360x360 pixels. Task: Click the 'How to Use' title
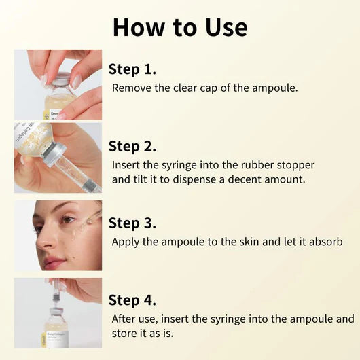[x=180, y=27]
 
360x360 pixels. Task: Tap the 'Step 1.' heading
[x=132, y=69]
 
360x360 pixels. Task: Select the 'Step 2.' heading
[x=132, y=146]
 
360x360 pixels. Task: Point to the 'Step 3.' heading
[x=132, y=223]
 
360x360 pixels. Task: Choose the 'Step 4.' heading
[x=132, y=300]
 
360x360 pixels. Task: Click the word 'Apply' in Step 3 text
[x=126, y=242]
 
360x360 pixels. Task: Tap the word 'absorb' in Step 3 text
[x=323, y=242]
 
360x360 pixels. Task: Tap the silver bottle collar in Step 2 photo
[x=56, y=150]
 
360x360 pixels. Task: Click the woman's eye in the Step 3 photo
[x=67, y=221]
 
